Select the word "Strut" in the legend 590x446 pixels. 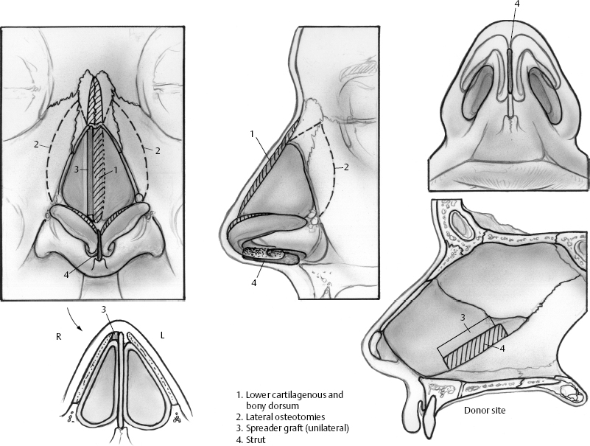coord(259,440)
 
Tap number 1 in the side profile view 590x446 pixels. coord(253,133)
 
